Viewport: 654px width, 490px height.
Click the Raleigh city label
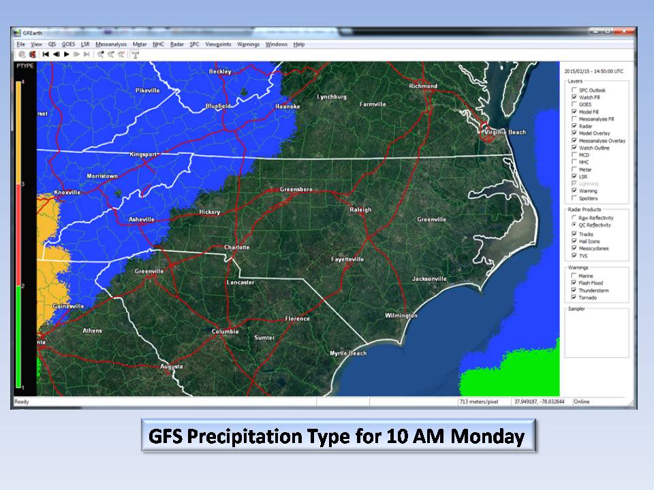point(360,210)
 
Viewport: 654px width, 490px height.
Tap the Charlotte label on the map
point(238,247)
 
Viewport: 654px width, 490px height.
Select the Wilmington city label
point(401,315)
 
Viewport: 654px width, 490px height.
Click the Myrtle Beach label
point(348,353)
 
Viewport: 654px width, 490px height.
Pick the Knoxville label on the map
point(67,193)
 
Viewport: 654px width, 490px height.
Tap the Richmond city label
point(423,86)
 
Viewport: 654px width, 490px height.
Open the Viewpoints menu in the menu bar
point(218,44)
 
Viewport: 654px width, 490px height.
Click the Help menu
point(299,44)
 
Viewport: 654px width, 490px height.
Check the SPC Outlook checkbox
point(574,91)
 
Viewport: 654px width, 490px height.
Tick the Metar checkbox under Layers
point(574,169)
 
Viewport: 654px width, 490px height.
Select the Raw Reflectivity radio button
point(574,218)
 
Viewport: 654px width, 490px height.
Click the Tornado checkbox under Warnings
point(574,297)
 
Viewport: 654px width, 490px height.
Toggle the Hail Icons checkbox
point(574,242)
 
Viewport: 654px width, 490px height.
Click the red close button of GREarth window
point(623,31)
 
